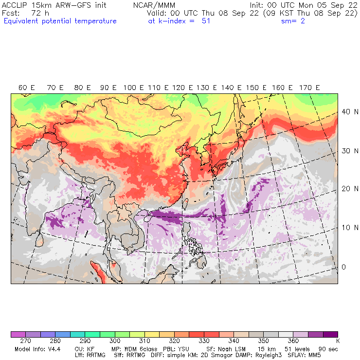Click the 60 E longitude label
(26, 88)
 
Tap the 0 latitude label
(343, 267)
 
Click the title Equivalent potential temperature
(60, 21)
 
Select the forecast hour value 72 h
(40, 13)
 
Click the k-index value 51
(206, 21)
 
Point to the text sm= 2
(293, 21)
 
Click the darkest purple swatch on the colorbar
(331, 335)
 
